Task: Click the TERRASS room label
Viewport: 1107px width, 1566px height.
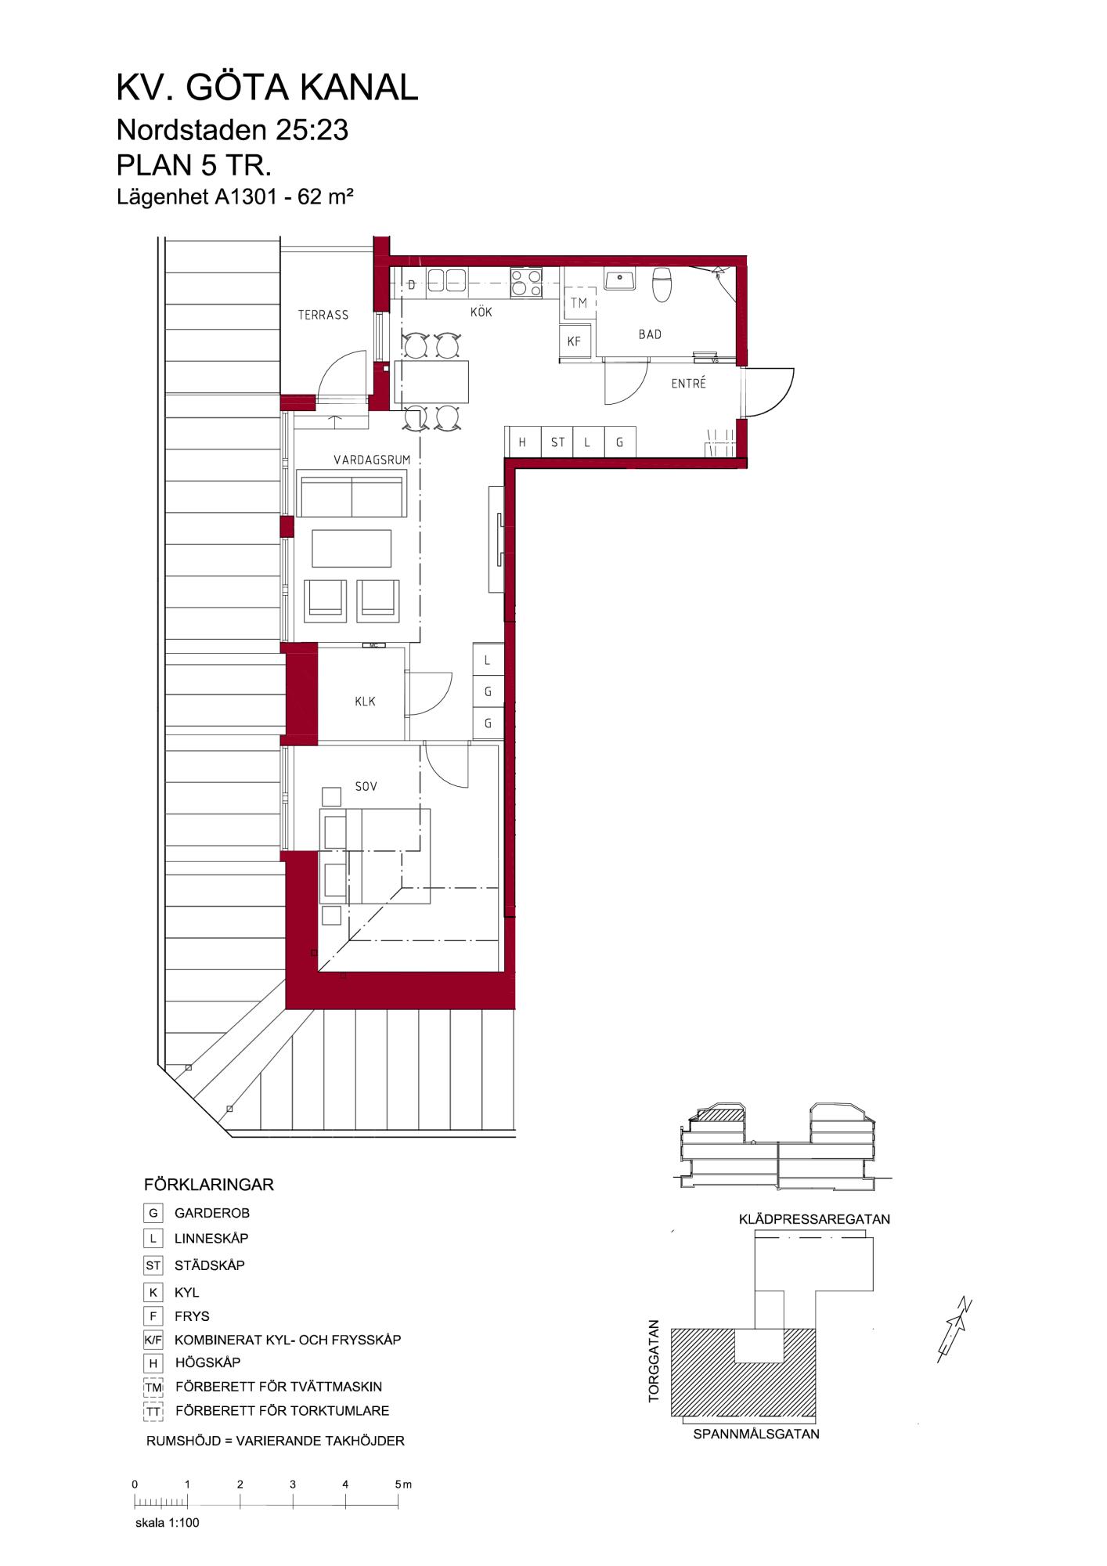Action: click(323, 315)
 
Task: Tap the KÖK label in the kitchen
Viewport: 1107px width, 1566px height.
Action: click(481, 312)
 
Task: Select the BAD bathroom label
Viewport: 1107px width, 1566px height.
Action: click(650, 334)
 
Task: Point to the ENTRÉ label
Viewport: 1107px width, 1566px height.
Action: click(688, 384)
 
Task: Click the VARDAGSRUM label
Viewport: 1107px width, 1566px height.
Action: click(372, 460)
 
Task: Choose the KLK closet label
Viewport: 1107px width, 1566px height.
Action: click(365, 702)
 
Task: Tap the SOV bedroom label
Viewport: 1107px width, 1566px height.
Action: click(366, 786)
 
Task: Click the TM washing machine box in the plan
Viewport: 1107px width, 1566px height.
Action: click(579, 303)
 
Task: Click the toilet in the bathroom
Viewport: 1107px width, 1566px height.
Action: click(663, 285)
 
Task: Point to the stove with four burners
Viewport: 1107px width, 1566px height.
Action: click(526, 283)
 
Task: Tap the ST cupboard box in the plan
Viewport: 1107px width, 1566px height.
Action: click(557, 442)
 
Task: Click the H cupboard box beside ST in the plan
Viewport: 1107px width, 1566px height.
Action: click(522, 442)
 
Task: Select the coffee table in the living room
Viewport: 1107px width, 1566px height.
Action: click(352, 548)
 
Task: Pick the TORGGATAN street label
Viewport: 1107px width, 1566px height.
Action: click(654, 1360)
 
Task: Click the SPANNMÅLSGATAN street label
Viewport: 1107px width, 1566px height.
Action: click(756, 1434)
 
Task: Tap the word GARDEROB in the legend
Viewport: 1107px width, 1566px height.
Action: click(212, 1213)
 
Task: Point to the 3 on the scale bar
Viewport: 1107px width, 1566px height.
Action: click(292, 1484)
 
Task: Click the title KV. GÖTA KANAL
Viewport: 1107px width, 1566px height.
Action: click(268, 88)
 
